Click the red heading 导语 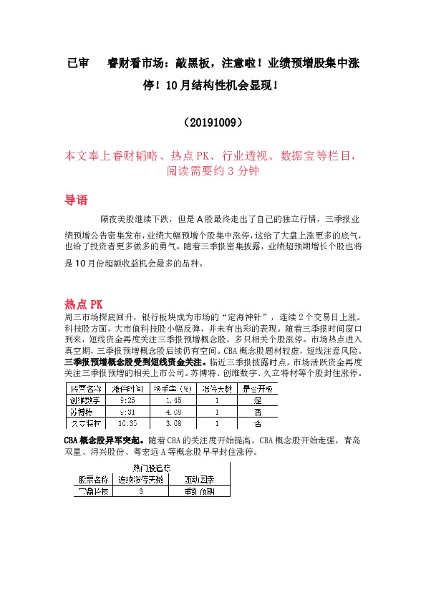[x=77, y=200]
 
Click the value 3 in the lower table [x=141, y=492]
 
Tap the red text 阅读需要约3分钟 [x=213, y=172]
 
